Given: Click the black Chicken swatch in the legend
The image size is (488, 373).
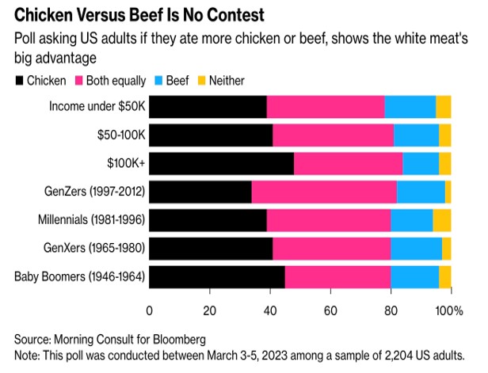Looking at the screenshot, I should point(18,80).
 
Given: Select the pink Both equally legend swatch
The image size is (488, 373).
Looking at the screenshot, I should point(81,80).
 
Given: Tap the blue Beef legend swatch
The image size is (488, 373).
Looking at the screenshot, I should point(158,80).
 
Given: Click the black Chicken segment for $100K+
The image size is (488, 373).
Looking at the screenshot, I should point(221,163).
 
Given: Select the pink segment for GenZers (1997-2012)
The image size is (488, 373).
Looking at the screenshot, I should point(324,192).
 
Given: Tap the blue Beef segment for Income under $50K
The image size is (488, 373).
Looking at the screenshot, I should point(410,106).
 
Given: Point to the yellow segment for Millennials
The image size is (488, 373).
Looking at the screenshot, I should point(442,220).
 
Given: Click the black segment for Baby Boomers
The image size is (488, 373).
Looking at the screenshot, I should point(217,277).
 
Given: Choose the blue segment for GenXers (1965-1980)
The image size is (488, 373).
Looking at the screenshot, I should point(416,249).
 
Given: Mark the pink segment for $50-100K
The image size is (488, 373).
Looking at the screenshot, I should point(333,135).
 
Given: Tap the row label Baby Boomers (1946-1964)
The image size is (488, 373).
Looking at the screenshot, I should point(81,277).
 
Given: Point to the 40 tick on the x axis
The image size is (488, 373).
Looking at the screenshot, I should point(270,310).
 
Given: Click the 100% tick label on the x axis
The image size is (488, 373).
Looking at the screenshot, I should point(452,310).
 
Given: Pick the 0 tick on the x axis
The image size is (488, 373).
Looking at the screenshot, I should point(150,310).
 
